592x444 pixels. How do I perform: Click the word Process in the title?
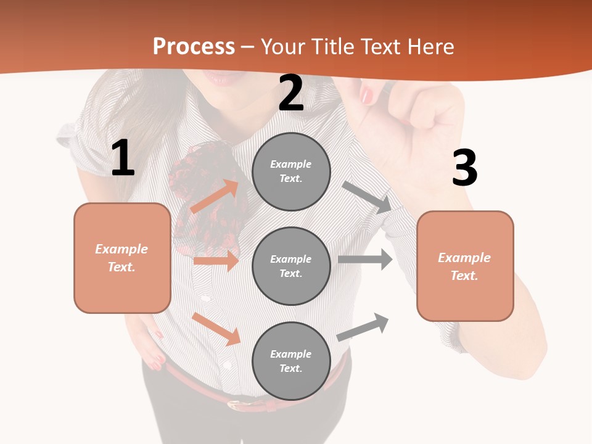pos(194,47)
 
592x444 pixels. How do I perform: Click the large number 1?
pos(123,159)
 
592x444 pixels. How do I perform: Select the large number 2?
pos(291,94)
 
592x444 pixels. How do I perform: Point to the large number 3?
pos(464,168)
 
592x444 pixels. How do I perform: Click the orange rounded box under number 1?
pos(122,258)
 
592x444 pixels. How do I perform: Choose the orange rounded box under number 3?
pos(465,266)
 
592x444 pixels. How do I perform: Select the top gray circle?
pos(291,171)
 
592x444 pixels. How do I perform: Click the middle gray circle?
pos(291,266)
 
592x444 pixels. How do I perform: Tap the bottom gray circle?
pos(291,361)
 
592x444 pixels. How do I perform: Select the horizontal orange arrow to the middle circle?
pos(216,261)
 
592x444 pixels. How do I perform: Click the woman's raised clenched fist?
pos(432,123)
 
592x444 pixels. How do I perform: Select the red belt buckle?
pos(237,405)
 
